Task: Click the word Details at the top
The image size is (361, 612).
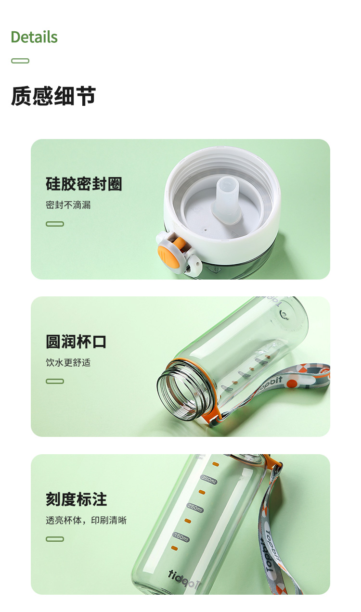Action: click(x=34, y=37)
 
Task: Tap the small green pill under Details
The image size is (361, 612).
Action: click(x=20, y=61)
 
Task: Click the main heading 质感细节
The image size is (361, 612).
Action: click(x=53, y=96)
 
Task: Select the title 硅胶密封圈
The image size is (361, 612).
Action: click(x=84, y=184)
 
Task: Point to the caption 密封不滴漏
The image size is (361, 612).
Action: click(x=68, y=205)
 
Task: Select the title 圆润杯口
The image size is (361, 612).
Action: click(x=76, y=342)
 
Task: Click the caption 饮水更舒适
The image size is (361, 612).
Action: click(x=68, y=363)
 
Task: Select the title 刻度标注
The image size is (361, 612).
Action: click(x=76, y=499)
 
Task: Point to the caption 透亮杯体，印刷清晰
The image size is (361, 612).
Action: click(x=86, y=520)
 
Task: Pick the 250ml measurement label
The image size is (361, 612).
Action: click(x=195, y=508)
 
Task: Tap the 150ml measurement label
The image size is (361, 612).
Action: click(x=181, y=536)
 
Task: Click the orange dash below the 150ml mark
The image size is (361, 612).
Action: click(x=174, y=548)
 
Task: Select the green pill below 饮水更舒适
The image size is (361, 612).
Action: click(x=55, y=382)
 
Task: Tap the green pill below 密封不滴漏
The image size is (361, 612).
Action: click(x=55, y=224)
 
